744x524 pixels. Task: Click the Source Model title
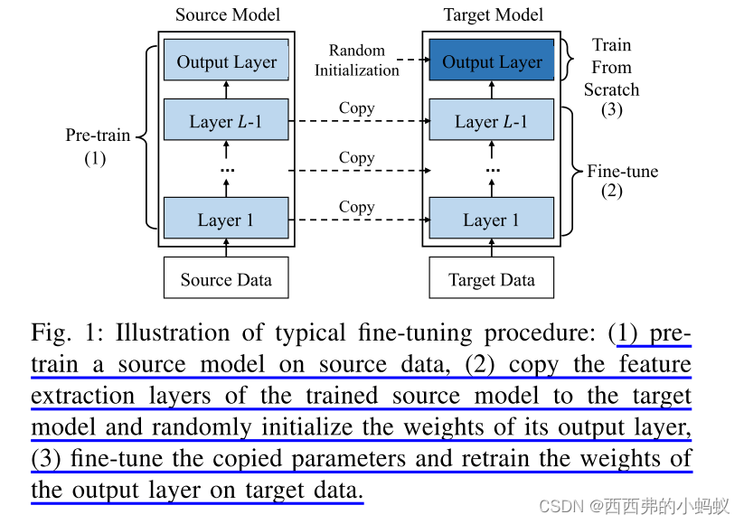[227, 14]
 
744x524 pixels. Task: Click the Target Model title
[493, 14]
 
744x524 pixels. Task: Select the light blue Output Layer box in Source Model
[226, 62]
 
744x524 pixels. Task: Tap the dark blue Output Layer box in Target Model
[492, 62]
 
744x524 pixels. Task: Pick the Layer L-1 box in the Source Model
[226, 121]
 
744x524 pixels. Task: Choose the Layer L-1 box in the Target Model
[492, 121]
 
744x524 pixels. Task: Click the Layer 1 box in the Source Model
[226, 220]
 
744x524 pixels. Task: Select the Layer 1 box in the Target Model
[492, 220]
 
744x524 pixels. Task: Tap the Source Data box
[226, 279]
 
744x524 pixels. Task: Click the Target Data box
[492, 279]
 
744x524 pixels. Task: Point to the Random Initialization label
[356, 61]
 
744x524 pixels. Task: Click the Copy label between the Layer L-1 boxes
[356, 108]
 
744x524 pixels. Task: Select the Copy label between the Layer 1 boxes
[356, 207]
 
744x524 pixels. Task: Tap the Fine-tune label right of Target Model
[623, 171]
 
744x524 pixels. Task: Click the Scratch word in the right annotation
[611, 89]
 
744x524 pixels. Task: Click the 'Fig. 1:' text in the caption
[68, 333]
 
